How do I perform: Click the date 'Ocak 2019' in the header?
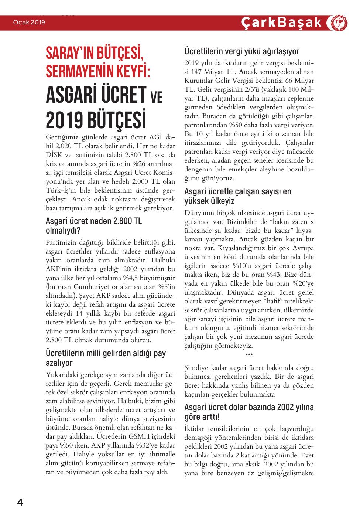(29, 23)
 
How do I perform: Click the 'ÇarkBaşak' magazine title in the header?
(281, 23)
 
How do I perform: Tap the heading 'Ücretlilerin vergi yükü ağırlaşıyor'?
(242, 51)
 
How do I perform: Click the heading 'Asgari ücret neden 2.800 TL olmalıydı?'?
(93, 226)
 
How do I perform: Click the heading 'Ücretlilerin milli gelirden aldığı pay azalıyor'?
(106, 358)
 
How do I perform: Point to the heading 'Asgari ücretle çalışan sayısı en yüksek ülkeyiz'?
(238, 196)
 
